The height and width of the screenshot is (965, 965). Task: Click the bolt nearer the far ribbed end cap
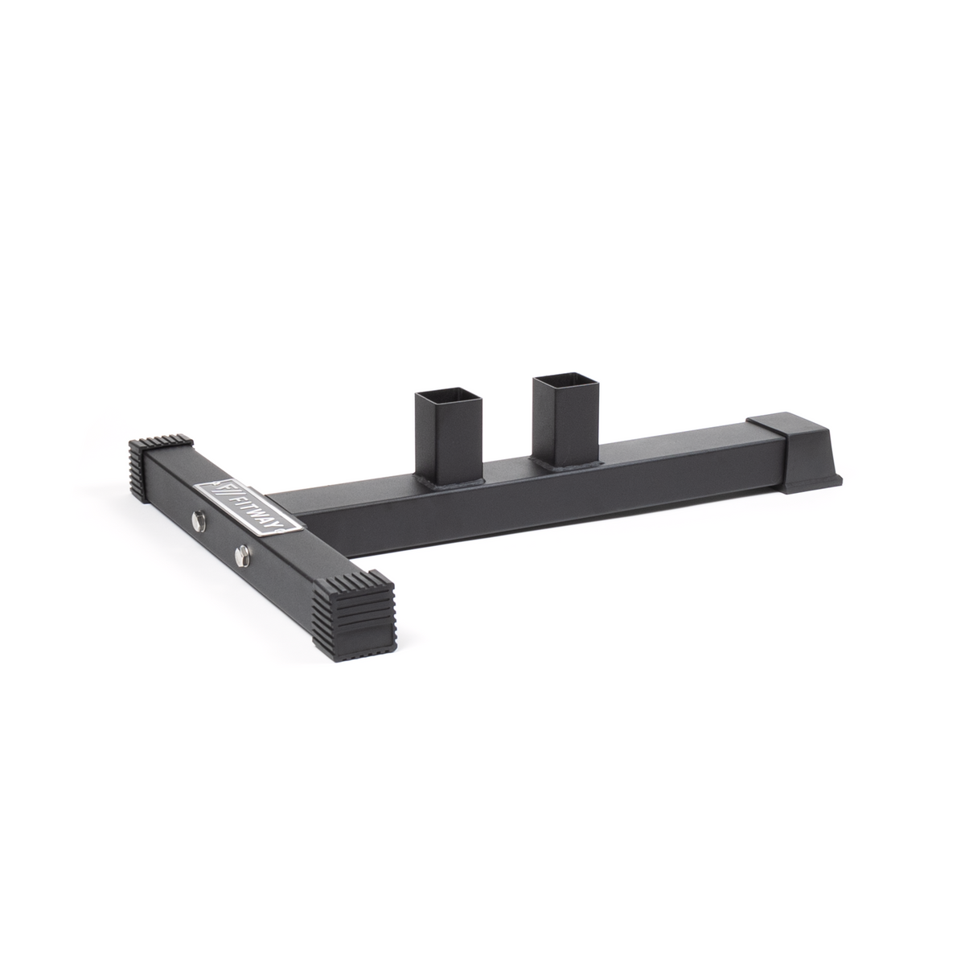click(x=198, y=522)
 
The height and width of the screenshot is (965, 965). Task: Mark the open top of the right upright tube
click(x=562, y=380)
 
